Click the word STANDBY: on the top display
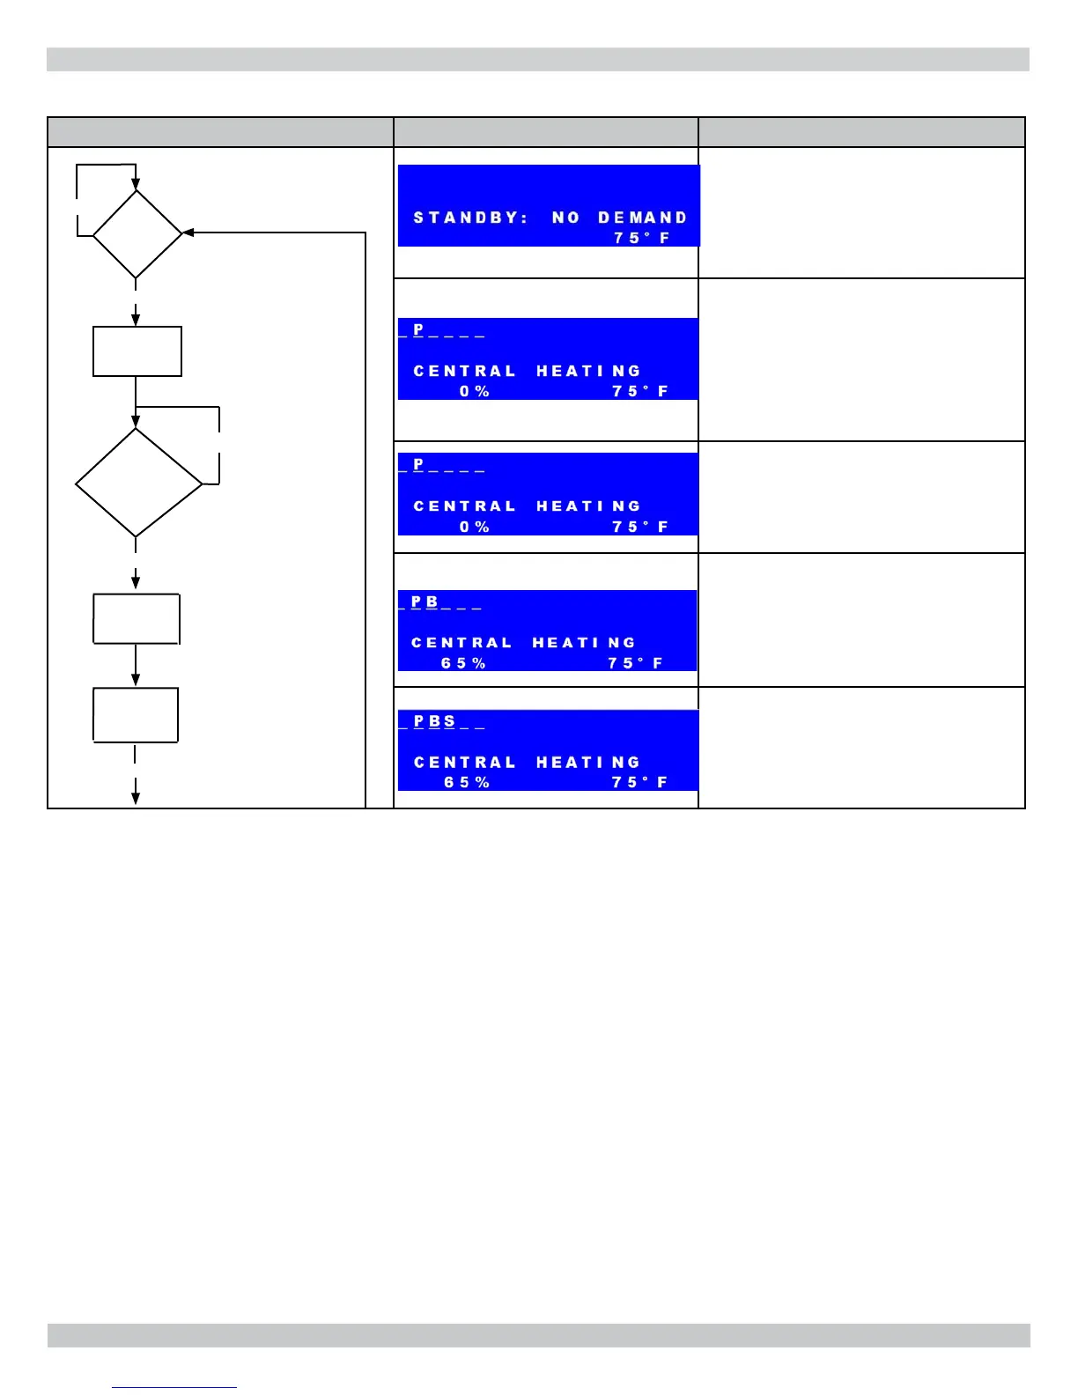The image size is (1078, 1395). click(x=469, y=218)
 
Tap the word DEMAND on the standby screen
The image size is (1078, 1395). click(x=642, y=218)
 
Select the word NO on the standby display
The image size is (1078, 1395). click(x=565, y=218)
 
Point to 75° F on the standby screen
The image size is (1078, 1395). click(x=641, y=238)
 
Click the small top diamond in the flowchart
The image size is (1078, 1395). click(x=137, y=234)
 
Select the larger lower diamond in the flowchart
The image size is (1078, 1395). click(x=138, y=483)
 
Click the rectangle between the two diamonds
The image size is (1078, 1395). click(x=137, y=351)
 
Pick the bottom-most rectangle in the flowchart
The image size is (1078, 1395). click(x=136, y=715)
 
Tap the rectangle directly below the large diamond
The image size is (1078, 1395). click(x=137, y=619)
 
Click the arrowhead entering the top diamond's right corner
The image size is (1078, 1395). click(x=188, y=233)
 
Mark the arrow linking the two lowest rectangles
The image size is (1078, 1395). click(x=136, y=666)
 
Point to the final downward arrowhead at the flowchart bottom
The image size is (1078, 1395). click(x=136, y=797)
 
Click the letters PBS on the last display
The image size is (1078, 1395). click(x=435, y=721)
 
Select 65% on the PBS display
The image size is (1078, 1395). click(x=466, y=782)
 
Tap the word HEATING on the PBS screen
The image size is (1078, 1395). click(x=587, y=763)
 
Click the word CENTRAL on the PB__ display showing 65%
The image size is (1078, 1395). click(x=461, y=643)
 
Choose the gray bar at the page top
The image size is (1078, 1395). click(x=538, y=59)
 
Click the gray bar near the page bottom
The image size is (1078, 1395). click(x=538, y=1335)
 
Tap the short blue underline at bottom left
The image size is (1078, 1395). click(x=174, y=1388)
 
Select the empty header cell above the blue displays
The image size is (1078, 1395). click(x=545, y=132)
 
